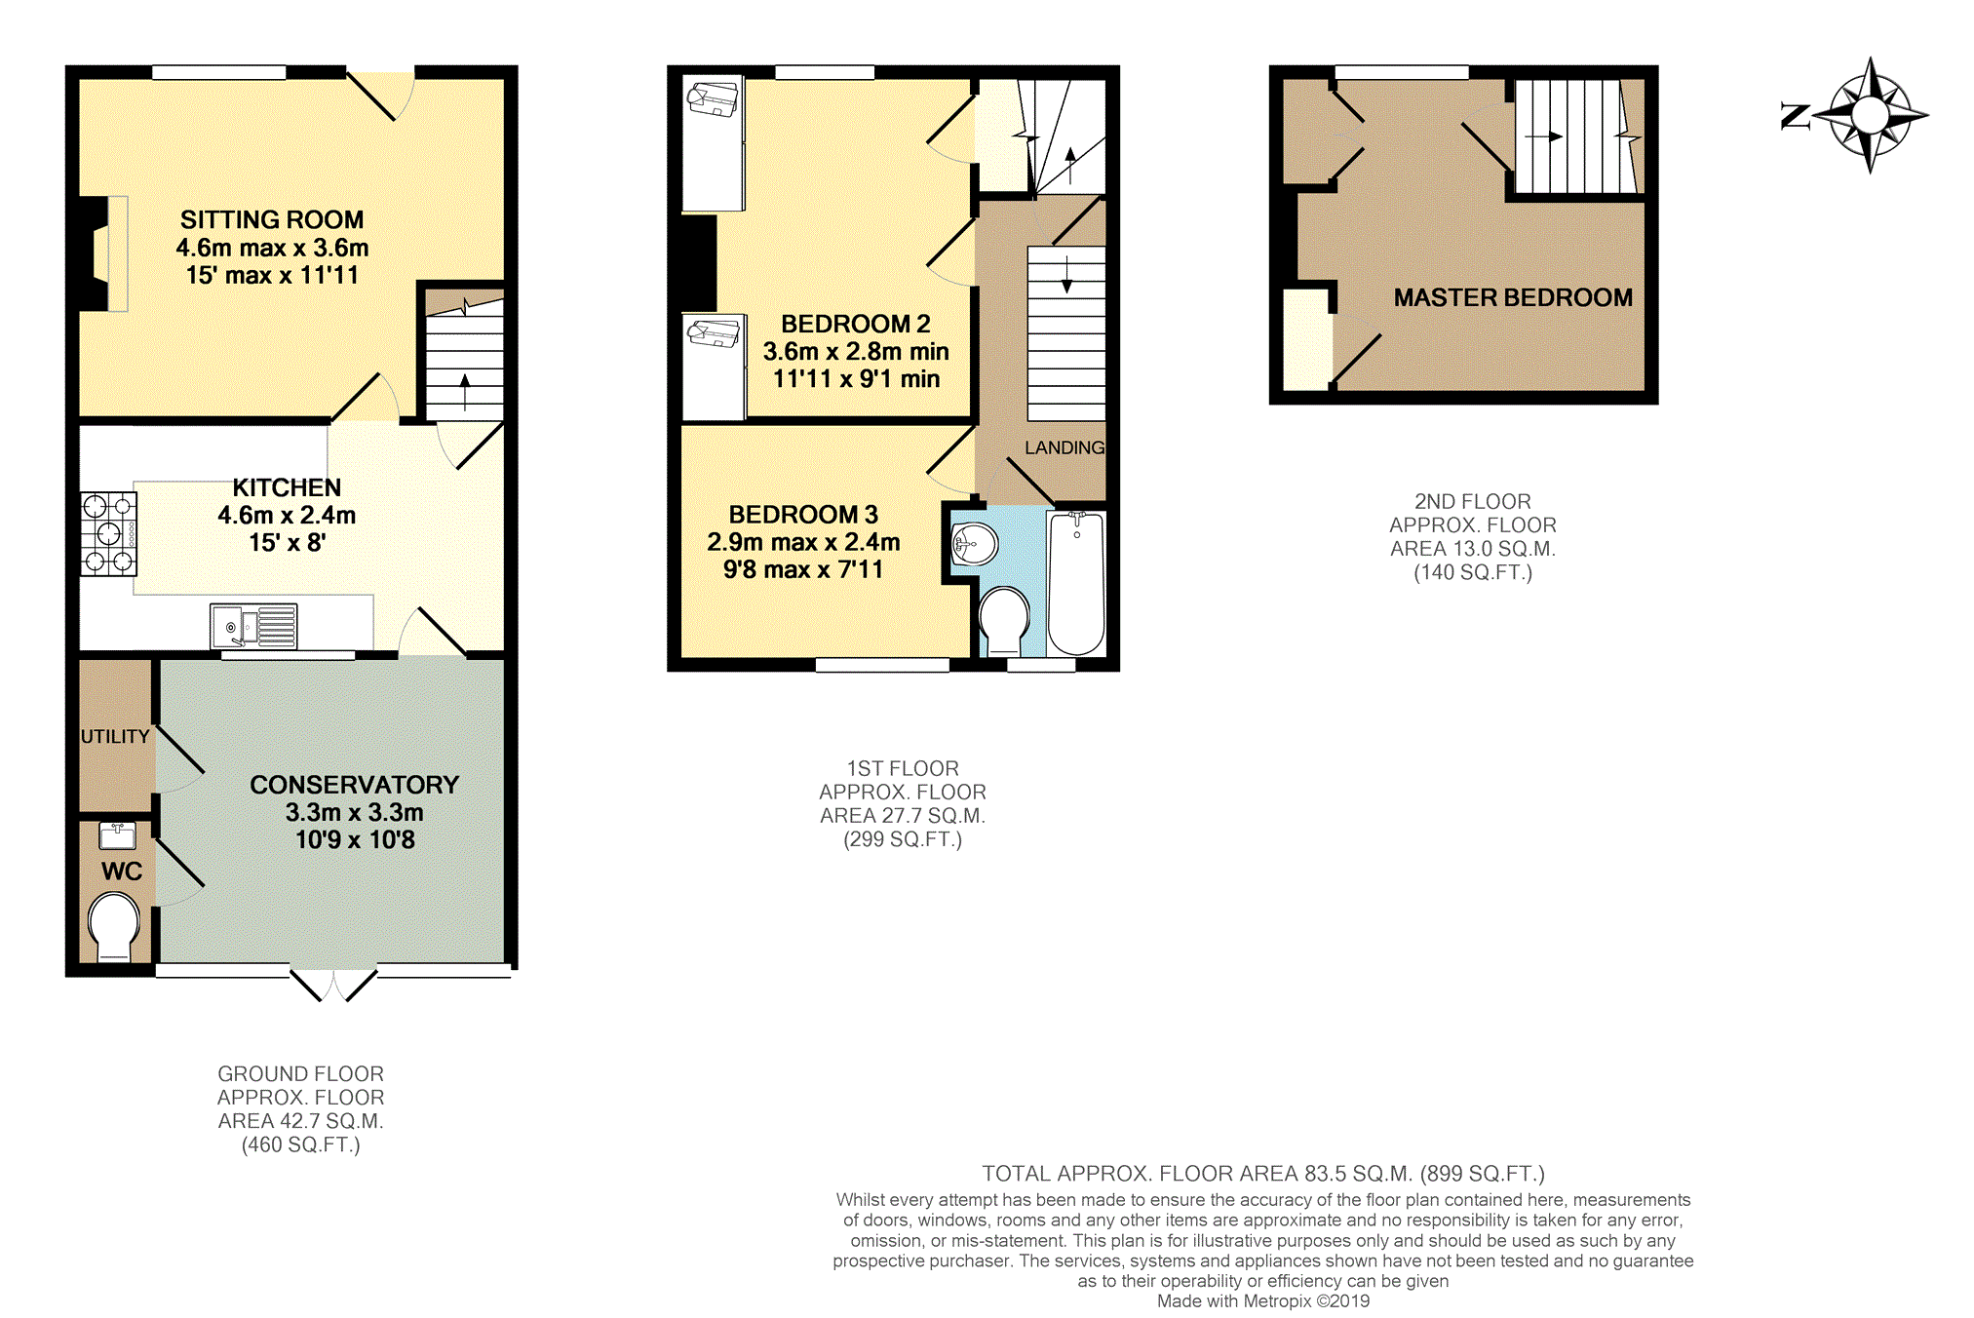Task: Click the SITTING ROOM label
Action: (272, 220)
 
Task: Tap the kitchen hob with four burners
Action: (108, 534)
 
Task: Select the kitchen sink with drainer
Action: (253, 626)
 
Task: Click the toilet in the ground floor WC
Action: (114, 927)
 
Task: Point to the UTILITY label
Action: (115, 737)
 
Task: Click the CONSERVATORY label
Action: (354, 785)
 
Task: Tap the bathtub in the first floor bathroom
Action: (1076, 583)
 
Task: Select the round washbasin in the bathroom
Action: (975, 544)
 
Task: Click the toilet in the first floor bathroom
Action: (1004, 621)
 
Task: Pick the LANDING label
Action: (1064, 447)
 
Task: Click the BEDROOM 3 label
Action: (803, 515)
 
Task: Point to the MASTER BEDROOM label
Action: (1513, 298)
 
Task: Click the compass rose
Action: (1870, 116)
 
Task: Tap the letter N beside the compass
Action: (1795, 116)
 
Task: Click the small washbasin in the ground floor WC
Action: (118, 835)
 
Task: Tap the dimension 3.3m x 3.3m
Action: (355, 813)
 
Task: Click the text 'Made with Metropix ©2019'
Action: (1263, 1301)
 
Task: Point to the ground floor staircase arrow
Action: (465, 392)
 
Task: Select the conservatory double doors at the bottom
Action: (333, 985)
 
